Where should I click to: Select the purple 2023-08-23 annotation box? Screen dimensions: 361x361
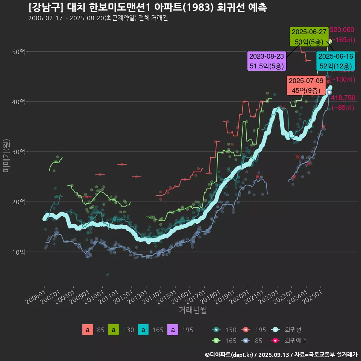pos(267,61)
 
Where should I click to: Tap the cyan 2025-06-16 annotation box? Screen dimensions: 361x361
pos(336,61)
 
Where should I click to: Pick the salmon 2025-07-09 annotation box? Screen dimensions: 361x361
pos(306,85)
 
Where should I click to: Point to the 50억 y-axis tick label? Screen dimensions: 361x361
pos(18,52)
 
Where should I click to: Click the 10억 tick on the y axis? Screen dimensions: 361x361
pos(18,252)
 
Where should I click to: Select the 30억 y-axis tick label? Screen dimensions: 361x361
pos(18,152)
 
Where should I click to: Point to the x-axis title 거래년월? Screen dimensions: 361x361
pos(193,310)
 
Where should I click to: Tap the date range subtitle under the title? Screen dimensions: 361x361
pos(98,18)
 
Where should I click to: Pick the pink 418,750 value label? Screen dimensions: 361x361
pos(343,98)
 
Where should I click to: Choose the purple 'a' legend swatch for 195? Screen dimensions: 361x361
pos(173,330)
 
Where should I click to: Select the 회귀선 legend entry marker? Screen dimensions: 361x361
pos(276,330)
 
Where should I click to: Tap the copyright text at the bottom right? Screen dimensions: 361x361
pos(281,354)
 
